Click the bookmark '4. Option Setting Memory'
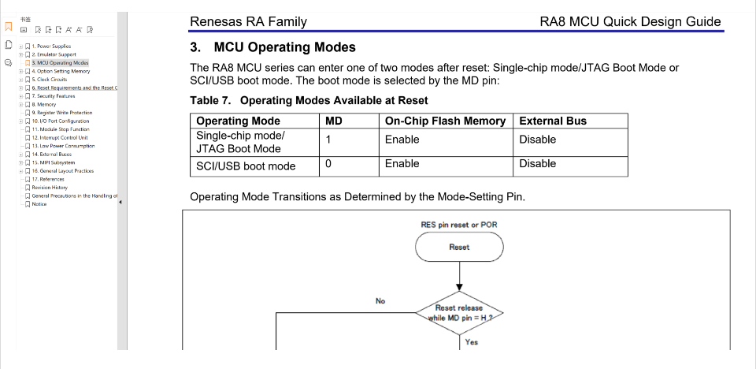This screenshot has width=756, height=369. [61, 71]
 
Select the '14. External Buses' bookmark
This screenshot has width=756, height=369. [52, 154]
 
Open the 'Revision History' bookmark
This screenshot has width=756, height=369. [50, 188]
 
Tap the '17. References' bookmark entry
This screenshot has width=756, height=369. [48, 179]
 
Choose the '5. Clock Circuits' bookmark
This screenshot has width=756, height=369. [49, 79]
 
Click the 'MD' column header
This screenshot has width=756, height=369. [334, 121]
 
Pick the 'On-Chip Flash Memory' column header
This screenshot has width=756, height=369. [445, 121]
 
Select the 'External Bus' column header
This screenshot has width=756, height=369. [553, 121]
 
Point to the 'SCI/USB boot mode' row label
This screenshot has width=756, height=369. [246, 166]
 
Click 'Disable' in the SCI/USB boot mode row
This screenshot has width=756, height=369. [538, 164]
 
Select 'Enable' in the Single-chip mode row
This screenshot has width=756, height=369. [402, 140]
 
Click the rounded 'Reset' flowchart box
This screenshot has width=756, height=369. [459, 247]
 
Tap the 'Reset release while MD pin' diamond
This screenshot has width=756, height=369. [459, 313]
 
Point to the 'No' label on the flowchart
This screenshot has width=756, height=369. [380, 301]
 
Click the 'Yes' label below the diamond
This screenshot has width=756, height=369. [472, 342]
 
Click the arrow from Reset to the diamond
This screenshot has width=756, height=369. [459, 276]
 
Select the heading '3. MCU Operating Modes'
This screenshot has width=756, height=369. [273, 47]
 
